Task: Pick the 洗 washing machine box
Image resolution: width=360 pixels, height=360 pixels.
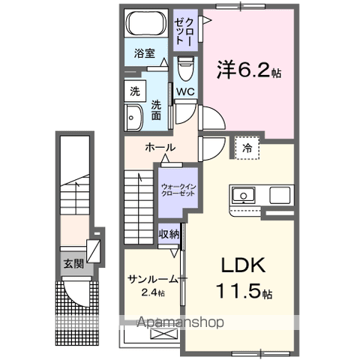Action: (135, 91)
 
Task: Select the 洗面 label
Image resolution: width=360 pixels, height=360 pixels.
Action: (155, 109)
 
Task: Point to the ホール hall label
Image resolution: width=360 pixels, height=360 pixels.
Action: (160, 147)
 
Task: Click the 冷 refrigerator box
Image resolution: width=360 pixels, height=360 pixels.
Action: (246, 148)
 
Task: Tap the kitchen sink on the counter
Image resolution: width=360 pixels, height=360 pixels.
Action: (244, 196)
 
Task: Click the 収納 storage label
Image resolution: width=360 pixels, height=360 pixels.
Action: (169, 234)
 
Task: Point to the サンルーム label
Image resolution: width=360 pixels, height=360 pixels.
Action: (152, 278)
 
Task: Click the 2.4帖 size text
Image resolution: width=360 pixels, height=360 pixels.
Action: (152, 292)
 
